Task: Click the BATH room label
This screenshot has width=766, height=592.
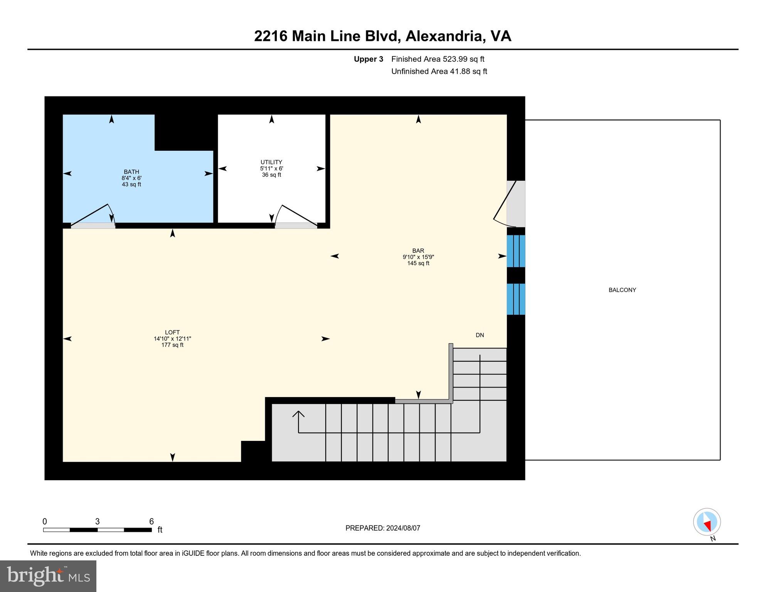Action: tap(131, 172)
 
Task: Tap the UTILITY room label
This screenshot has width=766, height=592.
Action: tap(271, 162)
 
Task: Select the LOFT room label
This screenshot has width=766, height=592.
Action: tap(172, 332)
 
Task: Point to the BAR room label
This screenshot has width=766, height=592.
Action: tap(418, 251)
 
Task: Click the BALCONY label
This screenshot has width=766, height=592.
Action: tap(622, 290)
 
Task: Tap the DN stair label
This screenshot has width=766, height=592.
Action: tap(480, 335)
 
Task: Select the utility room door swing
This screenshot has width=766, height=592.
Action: tap(295, 216)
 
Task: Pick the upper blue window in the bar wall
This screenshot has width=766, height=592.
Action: tap(516, 251)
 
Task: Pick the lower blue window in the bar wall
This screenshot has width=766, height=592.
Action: tap(516, 299)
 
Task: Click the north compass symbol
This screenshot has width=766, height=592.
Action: tap(707, 522)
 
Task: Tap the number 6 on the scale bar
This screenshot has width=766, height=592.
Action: tap(152, 521)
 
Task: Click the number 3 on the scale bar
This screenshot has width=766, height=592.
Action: tap(98, 521)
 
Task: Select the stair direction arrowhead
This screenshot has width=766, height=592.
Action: tap(298, 414)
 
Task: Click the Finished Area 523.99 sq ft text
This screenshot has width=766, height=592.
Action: tap(438, 59)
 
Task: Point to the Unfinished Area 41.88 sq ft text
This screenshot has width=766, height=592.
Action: tap(439, 71)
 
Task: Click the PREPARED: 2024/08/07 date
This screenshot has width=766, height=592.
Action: tap(382, 528)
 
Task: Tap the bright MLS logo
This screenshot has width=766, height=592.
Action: tap(48, 576)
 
